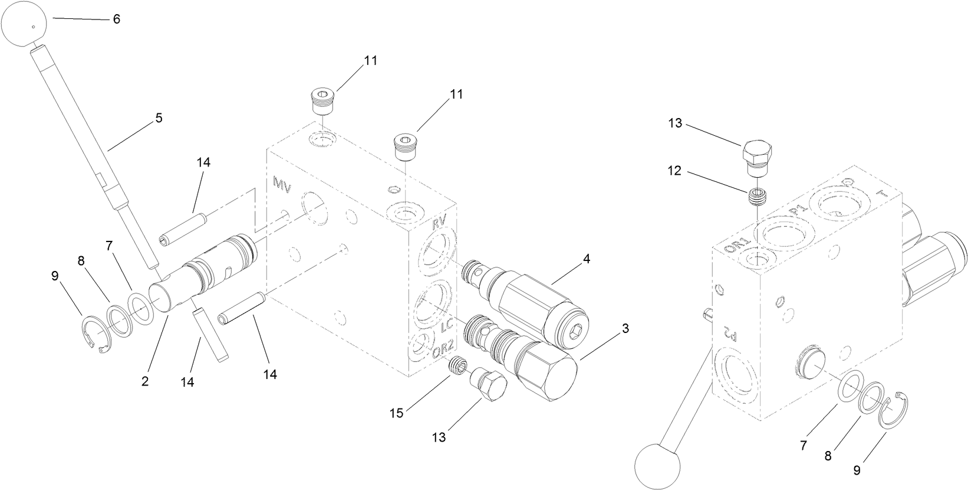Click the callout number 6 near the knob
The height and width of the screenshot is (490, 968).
tap(116, 19)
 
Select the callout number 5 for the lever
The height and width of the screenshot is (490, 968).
tap(159, 118)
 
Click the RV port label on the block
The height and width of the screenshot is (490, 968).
tap(439, 223)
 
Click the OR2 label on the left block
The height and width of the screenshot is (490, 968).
tap(442, 352)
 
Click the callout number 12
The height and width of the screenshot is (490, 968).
tap(674, 171)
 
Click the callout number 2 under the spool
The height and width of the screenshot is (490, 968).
tap(145, 382)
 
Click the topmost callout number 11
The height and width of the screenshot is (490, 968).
tap(370, 60)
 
